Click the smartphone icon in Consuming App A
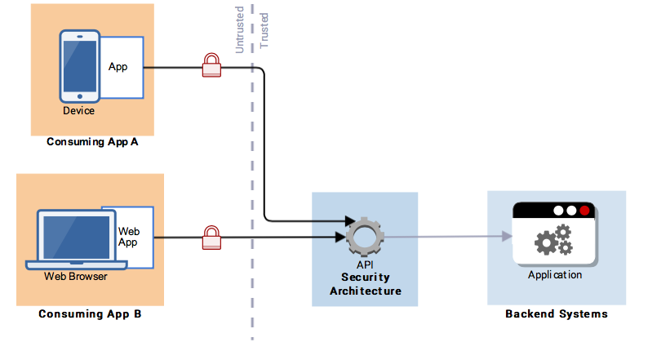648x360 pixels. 80,66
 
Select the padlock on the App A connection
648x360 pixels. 211,65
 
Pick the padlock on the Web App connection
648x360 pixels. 211,237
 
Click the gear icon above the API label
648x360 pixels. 364,237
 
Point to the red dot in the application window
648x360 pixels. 584,210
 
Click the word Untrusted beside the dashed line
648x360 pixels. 240,32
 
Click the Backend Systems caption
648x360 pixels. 556,314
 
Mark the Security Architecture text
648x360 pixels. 365,284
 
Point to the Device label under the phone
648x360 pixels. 78,111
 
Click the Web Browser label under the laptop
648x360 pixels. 76,276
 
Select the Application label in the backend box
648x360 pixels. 555,275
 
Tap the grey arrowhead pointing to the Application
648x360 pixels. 507,237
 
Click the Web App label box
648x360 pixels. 130,237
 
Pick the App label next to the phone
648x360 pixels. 119,66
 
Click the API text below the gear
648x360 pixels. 364,265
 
